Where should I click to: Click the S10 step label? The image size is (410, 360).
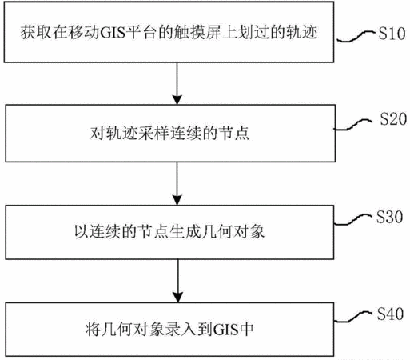pos(392,34)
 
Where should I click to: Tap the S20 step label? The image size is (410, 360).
pos(393,119)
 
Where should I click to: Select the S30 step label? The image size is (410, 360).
pos(389,217)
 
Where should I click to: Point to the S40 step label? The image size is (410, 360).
pos(390,314)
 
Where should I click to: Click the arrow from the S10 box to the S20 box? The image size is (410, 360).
pos(177,83)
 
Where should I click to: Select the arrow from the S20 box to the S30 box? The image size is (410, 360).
pos(177,183)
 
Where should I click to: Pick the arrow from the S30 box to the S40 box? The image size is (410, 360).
pos(177,281)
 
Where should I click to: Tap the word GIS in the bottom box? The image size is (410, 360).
pos(225,330)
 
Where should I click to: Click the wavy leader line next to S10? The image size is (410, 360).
pos(356,37)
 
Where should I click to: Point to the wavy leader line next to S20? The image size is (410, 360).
pos(353,125)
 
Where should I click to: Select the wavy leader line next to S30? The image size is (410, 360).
pos(353,219)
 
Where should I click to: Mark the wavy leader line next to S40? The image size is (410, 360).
pos(353,317)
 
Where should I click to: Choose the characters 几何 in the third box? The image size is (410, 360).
pos(217,231)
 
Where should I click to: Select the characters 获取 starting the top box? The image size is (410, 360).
pos(36,33)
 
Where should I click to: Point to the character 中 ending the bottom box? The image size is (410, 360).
pos(247,330)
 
